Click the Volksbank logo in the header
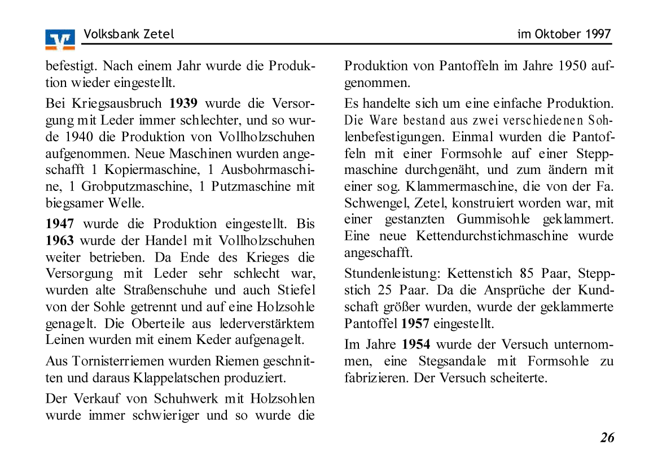point(60,40)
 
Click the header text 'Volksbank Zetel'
point(129,34)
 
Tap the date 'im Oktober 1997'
point(564,34)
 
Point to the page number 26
point(607,438)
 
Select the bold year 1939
point(183,104)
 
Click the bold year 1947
point(60,224)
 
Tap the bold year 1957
point(415,324)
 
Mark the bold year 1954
point(416,345)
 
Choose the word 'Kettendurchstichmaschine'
point(493,236)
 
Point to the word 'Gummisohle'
point(493,219)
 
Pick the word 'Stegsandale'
point(453,361)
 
